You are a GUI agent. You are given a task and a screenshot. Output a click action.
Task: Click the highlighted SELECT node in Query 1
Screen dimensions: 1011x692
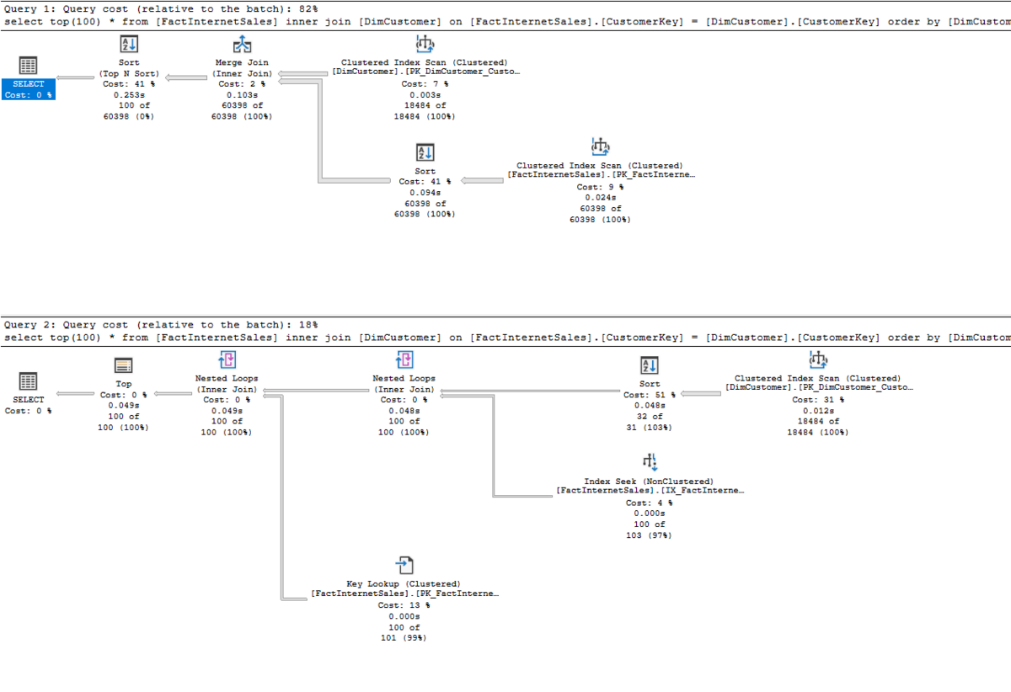28,89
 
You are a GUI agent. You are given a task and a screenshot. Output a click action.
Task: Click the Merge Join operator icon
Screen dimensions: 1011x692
242,45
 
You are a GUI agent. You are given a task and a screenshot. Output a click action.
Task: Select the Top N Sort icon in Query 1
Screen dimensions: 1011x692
129,45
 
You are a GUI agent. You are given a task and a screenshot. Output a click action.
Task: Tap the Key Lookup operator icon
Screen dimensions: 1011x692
404,565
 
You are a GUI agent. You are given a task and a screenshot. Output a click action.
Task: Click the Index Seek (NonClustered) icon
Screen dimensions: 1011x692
650,462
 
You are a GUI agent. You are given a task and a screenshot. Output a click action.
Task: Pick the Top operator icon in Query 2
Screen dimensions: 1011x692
123,365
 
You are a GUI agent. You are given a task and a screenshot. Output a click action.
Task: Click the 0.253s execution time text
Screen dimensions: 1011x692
129,95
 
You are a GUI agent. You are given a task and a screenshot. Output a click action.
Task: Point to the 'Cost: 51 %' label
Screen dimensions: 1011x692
649,395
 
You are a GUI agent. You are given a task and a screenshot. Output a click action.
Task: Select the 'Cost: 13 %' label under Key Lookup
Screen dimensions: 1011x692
404,605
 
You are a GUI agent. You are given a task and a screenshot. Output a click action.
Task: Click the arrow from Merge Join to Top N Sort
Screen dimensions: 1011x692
186,77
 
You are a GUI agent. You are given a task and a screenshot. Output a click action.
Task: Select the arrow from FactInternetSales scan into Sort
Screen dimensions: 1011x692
482,180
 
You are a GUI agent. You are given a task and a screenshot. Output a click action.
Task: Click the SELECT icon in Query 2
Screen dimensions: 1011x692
28,381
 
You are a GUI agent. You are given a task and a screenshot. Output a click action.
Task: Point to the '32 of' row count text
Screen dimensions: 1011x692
650,417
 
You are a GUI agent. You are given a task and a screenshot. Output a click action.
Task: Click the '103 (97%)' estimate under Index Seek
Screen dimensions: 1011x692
649,535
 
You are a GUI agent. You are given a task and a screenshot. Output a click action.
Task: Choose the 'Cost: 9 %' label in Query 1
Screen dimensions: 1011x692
600,187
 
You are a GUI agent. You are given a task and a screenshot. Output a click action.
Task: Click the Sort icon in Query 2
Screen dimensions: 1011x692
650,365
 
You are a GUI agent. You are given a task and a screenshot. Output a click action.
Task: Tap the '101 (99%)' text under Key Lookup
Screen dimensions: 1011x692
404,638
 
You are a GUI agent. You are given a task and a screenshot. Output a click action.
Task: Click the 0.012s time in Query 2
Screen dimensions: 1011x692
818,411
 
